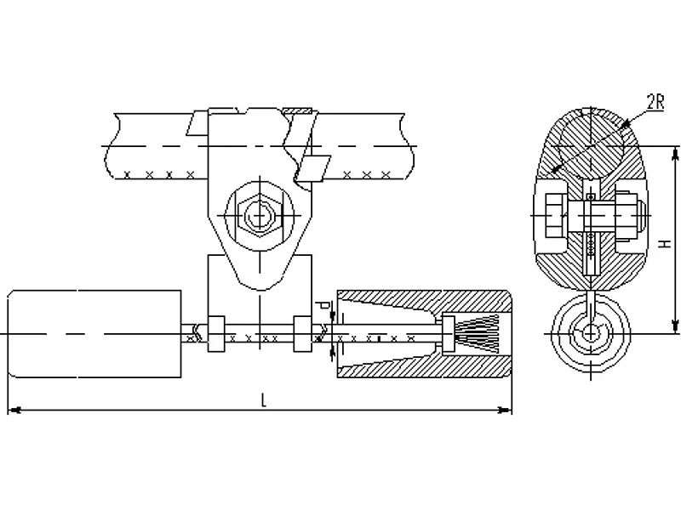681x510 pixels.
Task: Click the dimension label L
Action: pos(263,399)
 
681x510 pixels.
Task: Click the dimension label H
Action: pos(664,244)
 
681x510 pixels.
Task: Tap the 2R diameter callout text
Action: pos(655,102)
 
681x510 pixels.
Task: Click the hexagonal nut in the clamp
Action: pos(260,215)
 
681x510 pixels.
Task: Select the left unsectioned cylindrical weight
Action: pos(94,334)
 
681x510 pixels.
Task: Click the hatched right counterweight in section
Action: pos(424,334)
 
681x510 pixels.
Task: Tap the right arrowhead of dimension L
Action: pos(505,410)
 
